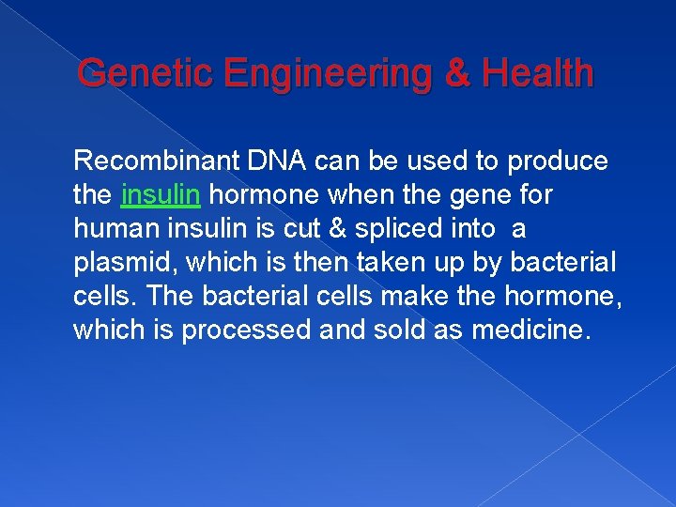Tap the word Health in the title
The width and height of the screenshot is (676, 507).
(x=537, y=72)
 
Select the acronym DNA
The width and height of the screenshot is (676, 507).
(x=275, y=161)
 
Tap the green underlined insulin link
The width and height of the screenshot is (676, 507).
(x=161, y=195)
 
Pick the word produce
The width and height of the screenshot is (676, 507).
(x=558, y=161)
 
